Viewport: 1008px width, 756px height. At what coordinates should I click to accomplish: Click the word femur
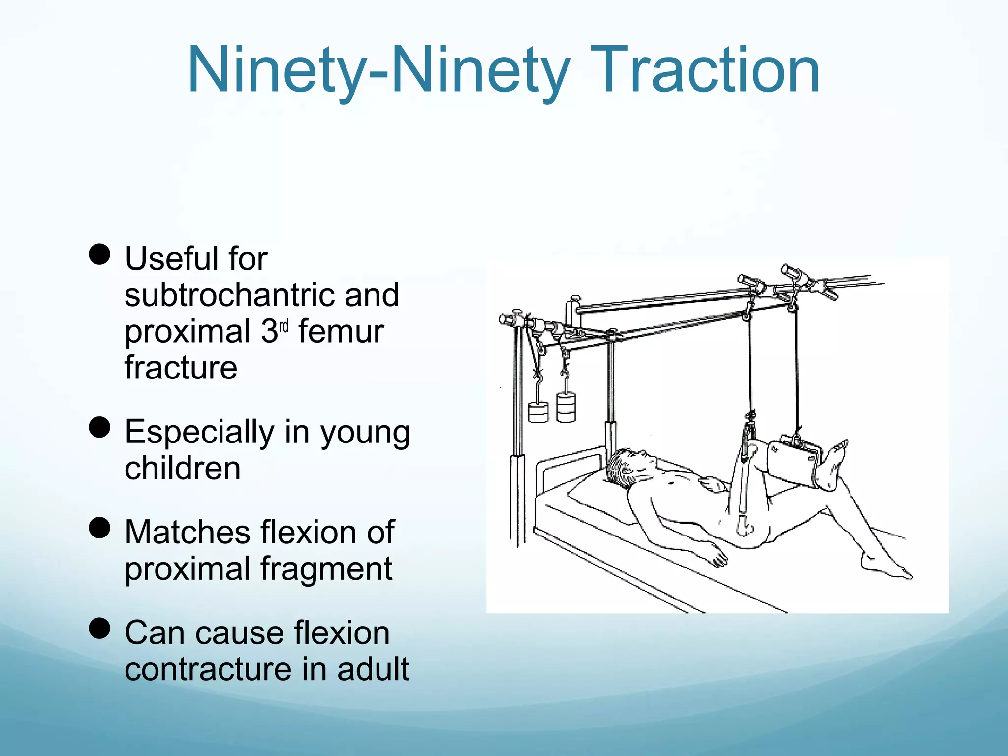click(x=341, y=332)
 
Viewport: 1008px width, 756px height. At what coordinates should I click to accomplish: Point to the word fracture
click(x=181, y=368)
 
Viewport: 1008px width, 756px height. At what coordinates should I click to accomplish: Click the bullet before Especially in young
click(x=100, y=427)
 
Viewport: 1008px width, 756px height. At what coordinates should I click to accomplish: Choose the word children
click(x=183, y=468)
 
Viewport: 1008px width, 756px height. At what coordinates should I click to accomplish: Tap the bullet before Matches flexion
click(x=100, y=528)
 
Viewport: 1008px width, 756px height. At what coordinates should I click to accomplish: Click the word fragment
click(x=326, y=569)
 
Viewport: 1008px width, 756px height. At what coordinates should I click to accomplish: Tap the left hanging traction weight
click(x=538, y=412)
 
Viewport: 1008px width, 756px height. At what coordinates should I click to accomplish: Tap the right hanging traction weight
click(x=566, y=407)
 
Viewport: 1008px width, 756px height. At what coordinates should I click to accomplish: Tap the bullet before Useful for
click(x=100, y=255)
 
